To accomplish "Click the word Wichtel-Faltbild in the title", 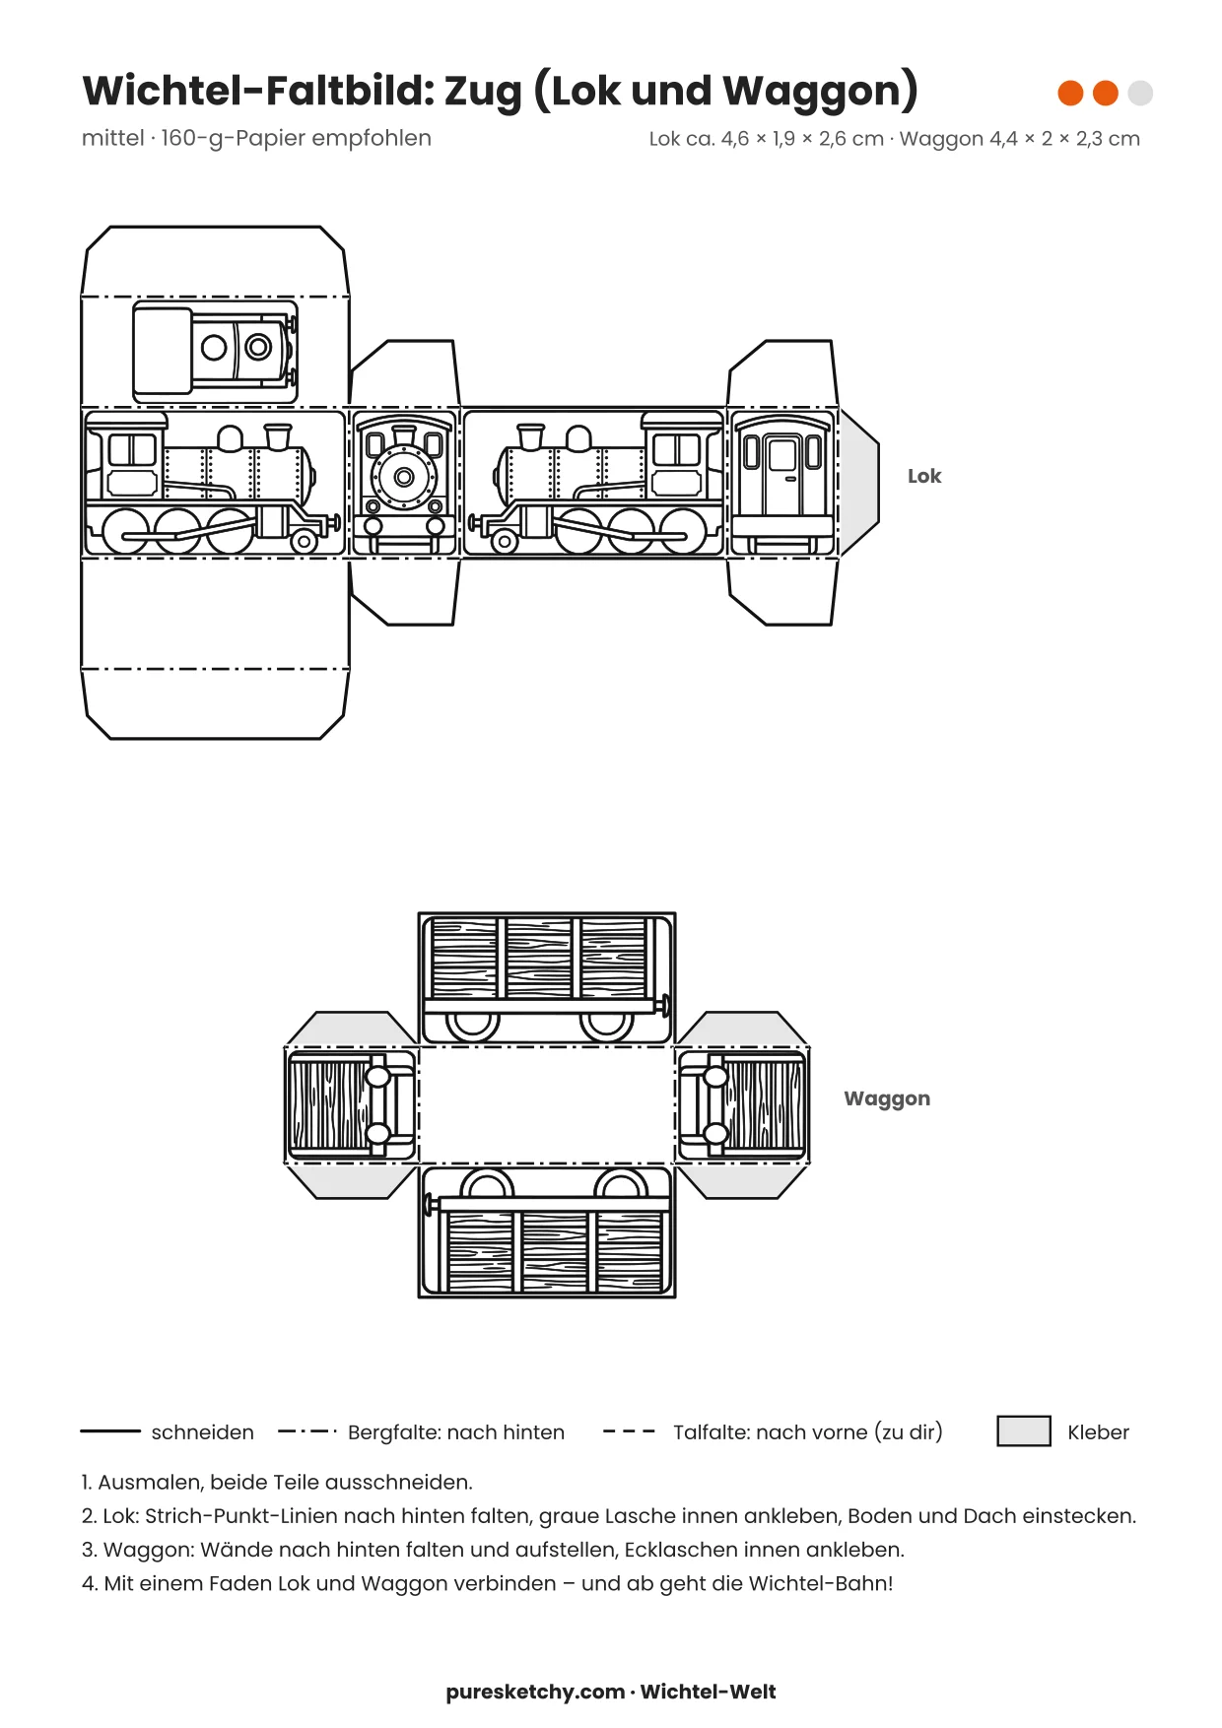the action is [258, 91].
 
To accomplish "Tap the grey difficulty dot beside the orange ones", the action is [1140, 93].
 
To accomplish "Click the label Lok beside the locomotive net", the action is [924, 476].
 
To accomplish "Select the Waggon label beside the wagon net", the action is [887, 1099].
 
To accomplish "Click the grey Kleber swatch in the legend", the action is [1024, 1430].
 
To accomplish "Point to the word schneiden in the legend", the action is [202, 1431].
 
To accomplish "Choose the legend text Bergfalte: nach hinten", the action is [456, 1431].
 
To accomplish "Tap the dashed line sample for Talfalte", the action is [629, 1430].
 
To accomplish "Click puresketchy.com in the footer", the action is [535, 1692].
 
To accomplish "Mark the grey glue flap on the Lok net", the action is [857, 483].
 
